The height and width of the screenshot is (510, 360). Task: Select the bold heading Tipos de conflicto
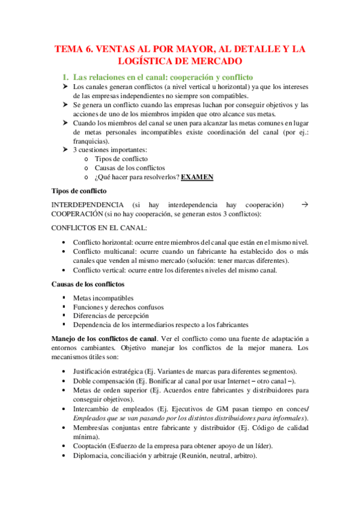click(x=79, y=191)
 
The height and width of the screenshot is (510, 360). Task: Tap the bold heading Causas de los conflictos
click(x=88, y=283)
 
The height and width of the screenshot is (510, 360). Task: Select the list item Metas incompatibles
click(x=103, y=298)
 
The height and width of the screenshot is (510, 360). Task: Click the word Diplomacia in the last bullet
click(x=93, y=455)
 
